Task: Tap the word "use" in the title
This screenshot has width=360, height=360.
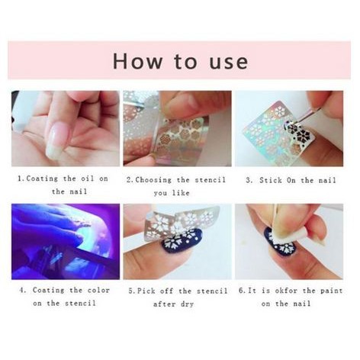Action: (229, 63)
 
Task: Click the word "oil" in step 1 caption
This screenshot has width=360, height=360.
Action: (88, 178)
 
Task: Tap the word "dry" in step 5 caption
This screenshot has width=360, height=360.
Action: (187, 304)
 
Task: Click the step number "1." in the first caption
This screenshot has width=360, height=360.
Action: (21, 178)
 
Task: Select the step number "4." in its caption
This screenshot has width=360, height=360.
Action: (23, 290)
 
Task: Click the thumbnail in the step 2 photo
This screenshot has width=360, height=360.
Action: (180, 103)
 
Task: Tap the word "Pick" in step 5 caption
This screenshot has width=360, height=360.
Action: (146, 291)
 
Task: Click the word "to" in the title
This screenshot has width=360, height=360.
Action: (185, 62)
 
